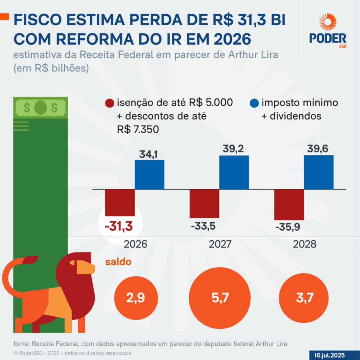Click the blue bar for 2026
coord(149,174)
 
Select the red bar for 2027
coord(205,204)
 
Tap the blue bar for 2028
coord(319,172)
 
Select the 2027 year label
coord(220,244)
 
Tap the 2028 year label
coord(304,244)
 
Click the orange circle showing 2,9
coord(135,298)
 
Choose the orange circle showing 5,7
coord(220,298)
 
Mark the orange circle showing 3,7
coord(304,298)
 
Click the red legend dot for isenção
coord(109,104)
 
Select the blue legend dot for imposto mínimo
coord(254,104)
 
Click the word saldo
coord(118,262)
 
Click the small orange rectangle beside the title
coord(4,17)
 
